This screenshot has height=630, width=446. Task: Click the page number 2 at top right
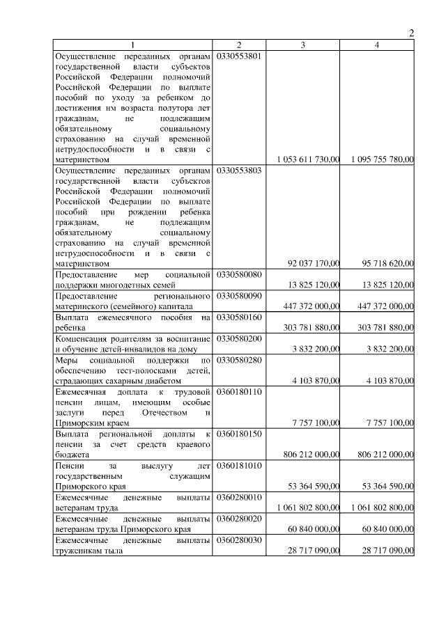[411, 33]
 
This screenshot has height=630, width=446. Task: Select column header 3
[302, 45]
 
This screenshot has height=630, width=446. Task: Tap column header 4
[377, 45]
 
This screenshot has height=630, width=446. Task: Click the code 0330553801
[239, 56]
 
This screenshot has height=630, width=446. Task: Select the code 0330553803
[239, 170]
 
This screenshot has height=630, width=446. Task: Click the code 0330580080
[239, 274]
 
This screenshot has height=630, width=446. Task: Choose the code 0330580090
[239, 296]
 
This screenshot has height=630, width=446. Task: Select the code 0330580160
[239, 317]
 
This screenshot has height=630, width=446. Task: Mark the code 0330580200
[239, 338]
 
